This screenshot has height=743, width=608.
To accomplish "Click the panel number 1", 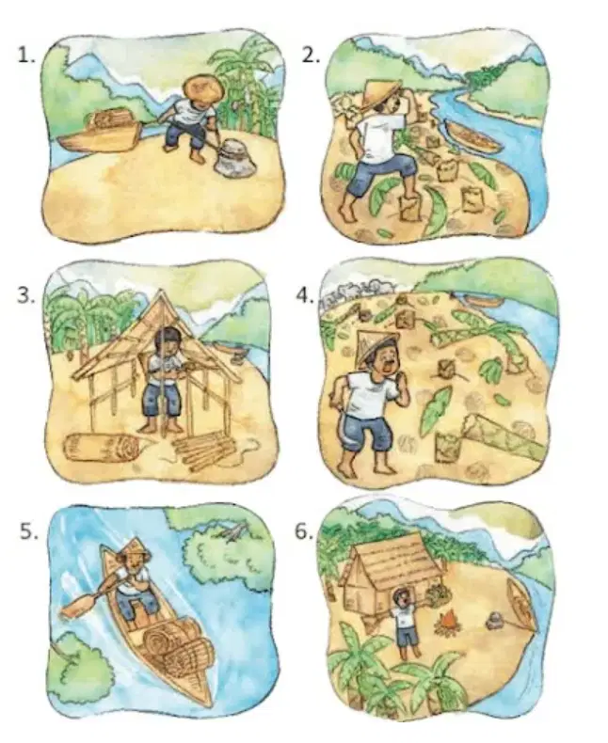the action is [x=26, y=55].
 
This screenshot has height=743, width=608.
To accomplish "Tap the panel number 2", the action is [x=311, y=55].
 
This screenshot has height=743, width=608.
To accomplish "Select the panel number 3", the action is [x=26, y=295].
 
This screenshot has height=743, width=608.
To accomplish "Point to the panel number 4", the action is [x=305, y=295].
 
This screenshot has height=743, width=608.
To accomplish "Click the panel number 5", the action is [x=28, y=531].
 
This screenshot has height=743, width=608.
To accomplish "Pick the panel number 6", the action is [x=304, y=531].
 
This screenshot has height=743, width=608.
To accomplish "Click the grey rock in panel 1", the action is [x=234, y=157].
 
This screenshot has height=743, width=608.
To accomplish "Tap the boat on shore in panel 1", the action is [x=99, y=133].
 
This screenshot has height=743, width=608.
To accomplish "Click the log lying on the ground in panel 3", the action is [x=105, y=449].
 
